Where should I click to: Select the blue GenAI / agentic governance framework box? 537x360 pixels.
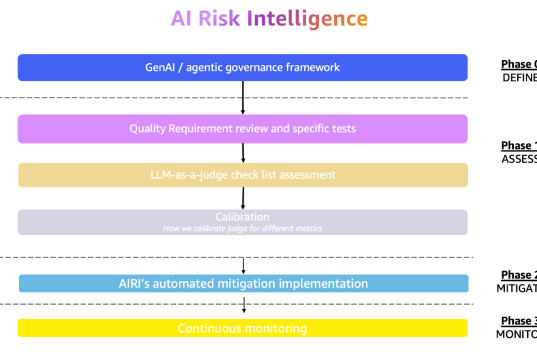pyautogui.click(x=243, y=67)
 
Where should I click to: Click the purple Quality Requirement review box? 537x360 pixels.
pyautogui.click(x=243, y=129)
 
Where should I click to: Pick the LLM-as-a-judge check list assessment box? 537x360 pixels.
pyautogui.click(x=243, y=175)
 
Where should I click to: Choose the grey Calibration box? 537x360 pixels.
pyautogui.click(x=243, y=221)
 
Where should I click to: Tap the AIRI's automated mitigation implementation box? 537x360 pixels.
pyautogui.click(x=243, y=283)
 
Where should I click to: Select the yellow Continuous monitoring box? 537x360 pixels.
pyautogui.click(x=243, y=328)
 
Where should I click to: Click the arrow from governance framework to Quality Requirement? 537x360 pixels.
pyautogui.click(x=243, y=97)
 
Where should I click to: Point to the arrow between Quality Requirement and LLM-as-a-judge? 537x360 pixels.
pyautogui.click(x=243, y=152)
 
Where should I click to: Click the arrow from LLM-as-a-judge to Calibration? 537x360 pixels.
pyautogui.click(x=243, y=198)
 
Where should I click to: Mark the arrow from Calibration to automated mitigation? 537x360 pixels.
pyautogui.click(x=243, y=255)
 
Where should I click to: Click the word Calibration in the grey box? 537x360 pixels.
pyautogui.click(x=243, y=216)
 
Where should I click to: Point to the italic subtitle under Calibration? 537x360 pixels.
pyautogui.click(x=243, y=228)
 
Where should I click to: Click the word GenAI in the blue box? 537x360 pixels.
pyautogui.click(x=162, y=67)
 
